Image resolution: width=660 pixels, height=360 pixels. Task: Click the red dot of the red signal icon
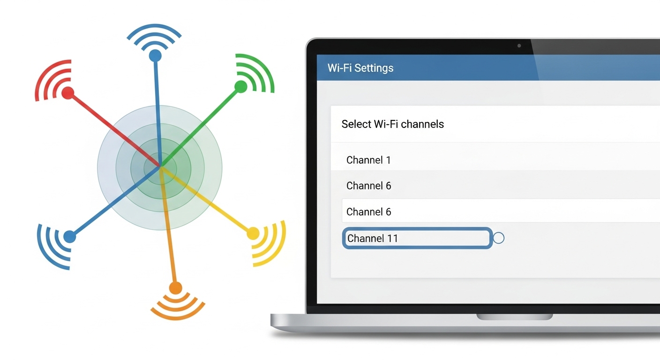click(68, 93)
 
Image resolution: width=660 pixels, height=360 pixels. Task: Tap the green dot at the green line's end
click(240, 86)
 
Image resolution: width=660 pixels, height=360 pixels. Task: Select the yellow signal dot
click(253, 233)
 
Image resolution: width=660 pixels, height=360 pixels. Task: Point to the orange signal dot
click(175, 288)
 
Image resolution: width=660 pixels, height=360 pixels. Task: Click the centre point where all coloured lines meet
click(160, 166)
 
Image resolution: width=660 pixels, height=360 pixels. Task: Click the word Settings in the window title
click(374, 68)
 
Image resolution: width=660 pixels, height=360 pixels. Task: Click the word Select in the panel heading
click(356, 124)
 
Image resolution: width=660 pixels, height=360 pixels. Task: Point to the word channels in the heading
click(422, 124)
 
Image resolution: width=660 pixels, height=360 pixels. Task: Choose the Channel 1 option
click(368, 160)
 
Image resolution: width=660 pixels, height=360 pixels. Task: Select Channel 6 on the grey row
click(368, 186)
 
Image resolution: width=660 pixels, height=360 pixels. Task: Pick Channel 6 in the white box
click(368, 212)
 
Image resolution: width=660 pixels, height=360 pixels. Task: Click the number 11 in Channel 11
click(392, 239)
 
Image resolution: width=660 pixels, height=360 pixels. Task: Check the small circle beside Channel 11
click(499, 238)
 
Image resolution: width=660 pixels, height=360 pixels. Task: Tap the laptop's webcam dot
click(519, 46)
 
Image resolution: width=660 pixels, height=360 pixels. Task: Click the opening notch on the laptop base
click(515, 317)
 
